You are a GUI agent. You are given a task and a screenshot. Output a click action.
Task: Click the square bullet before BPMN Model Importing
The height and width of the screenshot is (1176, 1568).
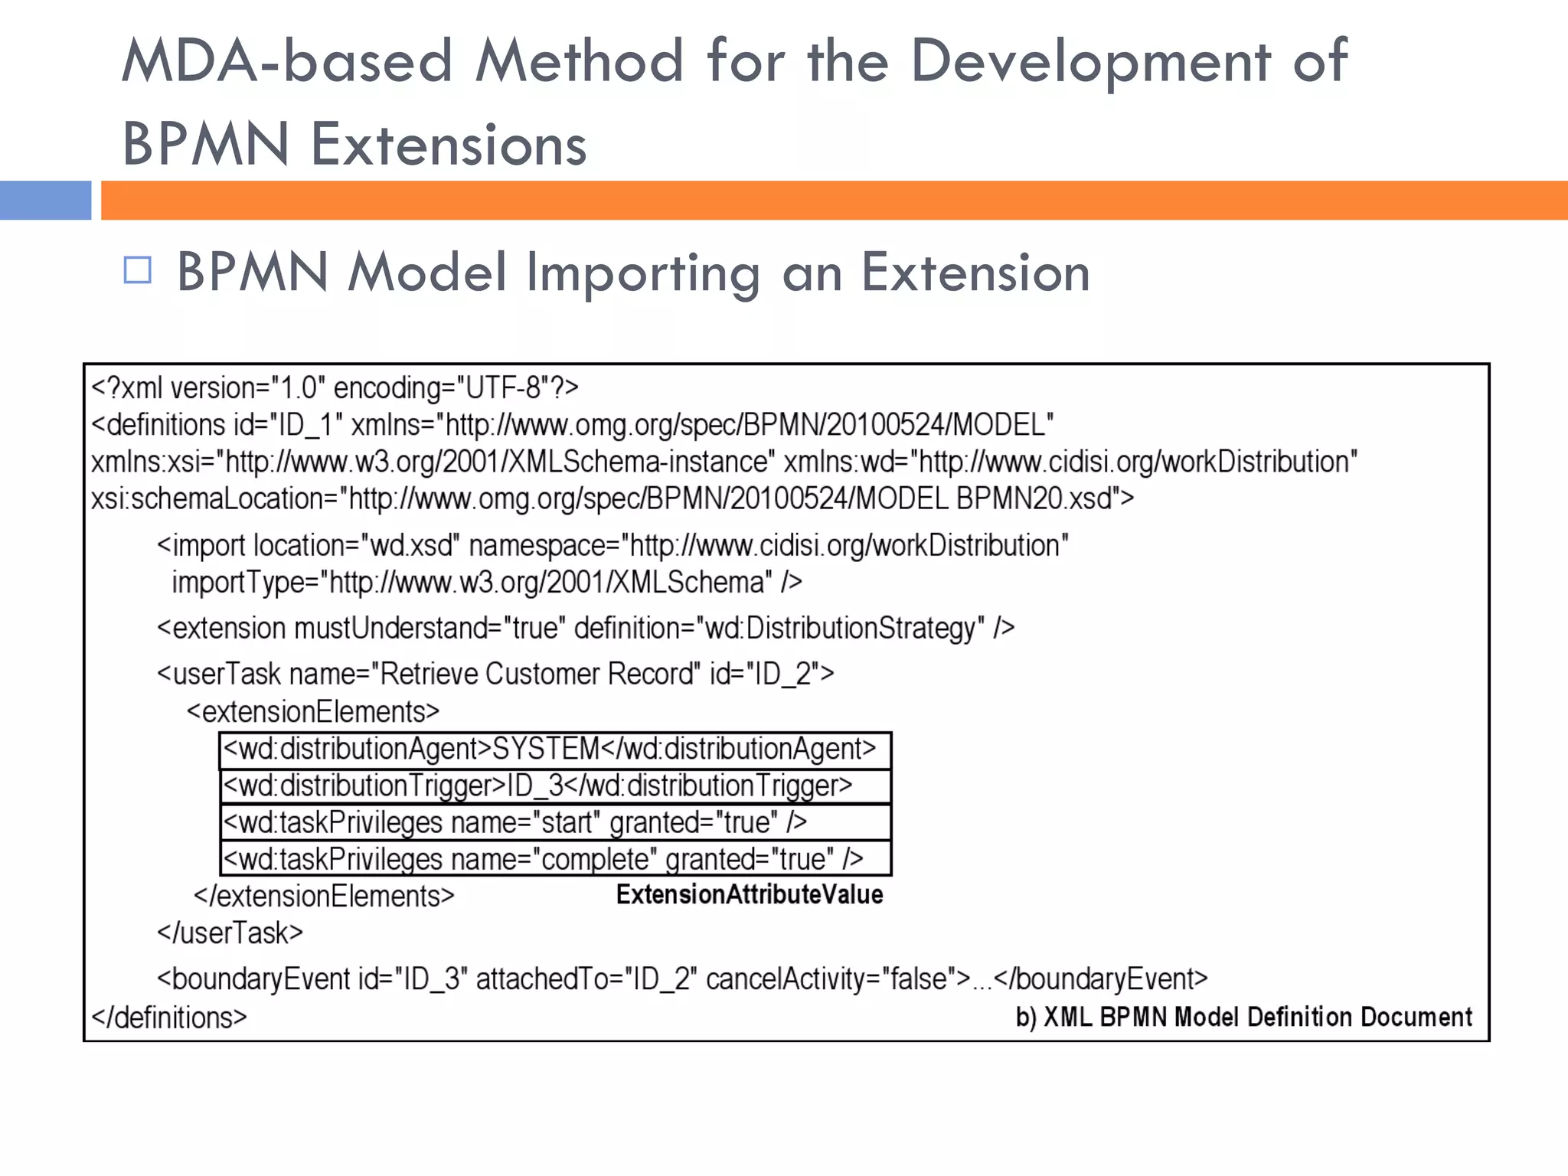click(138, 270)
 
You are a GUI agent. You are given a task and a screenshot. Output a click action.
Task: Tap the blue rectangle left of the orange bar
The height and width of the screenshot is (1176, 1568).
click(45, 201)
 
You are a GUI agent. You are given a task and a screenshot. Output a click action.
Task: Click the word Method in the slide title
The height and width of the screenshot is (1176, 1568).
click(579, 61)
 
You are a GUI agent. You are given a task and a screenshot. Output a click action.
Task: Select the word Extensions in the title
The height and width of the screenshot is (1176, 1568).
click(449, 144)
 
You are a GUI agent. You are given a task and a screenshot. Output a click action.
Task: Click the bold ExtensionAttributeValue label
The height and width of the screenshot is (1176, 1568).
click(750, 894)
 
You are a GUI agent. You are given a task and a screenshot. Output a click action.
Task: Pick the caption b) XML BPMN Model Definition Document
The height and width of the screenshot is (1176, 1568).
click(1243, 1017)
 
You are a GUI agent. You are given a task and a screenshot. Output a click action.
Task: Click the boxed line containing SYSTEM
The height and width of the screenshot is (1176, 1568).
click(555, 750)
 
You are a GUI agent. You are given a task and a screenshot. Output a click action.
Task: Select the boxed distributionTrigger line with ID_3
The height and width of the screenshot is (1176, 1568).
click(555, 786)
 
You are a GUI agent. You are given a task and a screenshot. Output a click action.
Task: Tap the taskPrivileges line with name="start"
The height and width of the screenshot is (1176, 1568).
click(555, 823)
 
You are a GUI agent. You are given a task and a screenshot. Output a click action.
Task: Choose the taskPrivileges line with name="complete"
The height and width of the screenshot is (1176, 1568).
click(555, 859)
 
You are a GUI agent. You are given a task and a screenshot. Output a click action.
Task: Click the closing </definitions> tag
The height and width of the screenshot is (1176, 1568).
click(169, 1018)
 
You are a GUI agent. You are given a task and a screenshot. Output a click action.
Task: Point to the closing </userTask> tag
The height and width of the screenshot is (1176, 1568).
click(230, 933)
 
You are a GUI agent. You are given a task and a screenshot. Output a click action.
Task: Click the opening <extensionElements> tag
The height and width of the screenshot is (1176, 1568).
click(313, 712)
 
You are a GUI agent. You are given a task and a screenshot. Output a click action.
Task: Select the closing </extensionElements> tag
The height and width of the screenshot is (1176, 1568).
click(324, 896)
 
